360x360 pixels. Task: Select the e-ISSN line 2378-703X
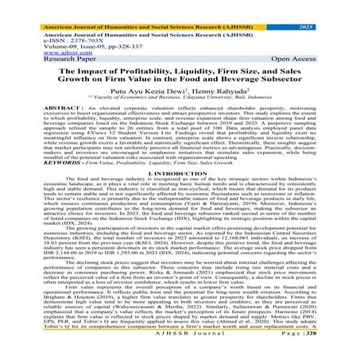click(x=47, y=25)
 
